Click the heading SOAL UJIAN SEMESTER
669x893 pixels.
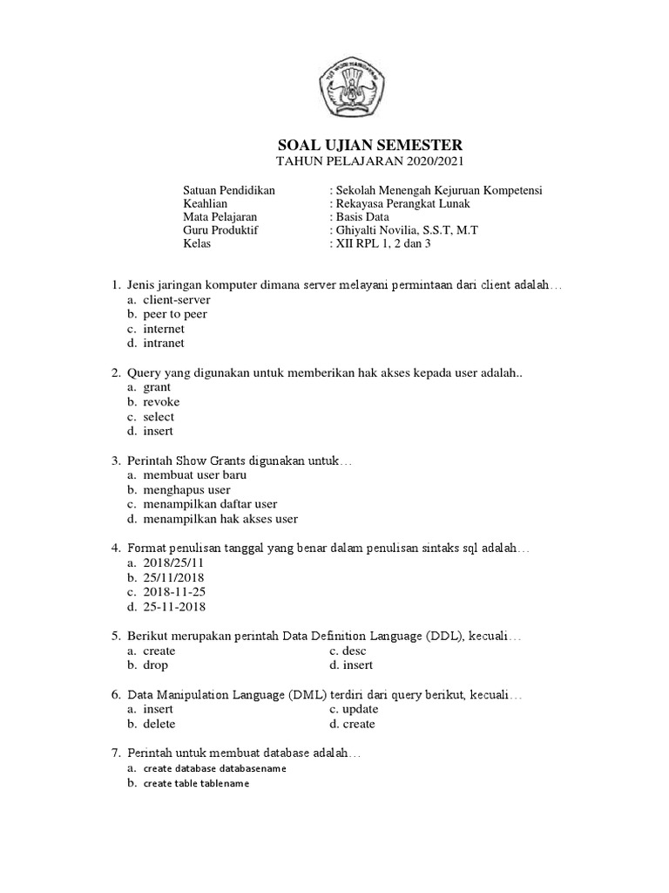click(x=364, y=145)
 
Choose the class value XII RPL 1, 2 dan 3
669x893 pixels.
click(x=381, y=243)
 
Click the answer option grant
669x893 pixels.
click(x=157, y=387)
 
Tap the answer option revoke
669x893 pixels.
click(x=161, y=402)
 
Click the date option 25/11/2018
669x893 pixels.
click(x=174, y=578)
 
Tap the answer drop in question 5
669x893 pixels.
click(x=156, y=665)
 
